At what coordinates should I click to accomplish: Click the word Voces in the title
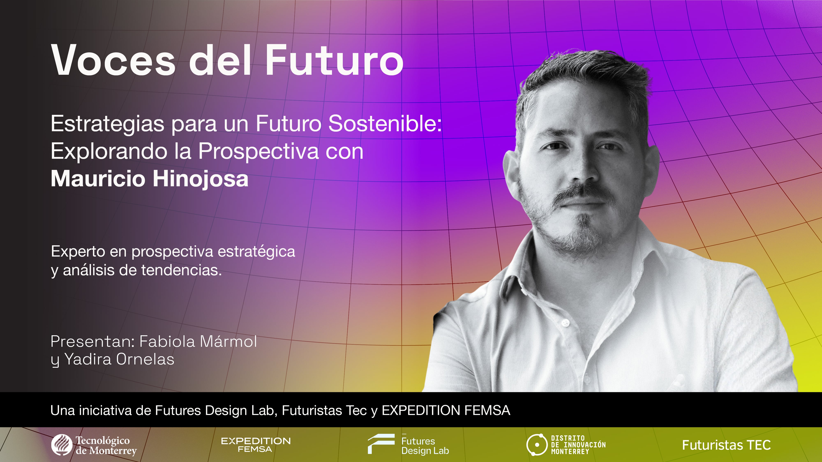tap(113, 61)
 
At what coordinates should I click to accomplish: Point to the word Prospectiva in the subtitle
tap(259, 151)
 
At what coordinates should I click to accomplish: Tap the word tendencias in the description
tap(181, 270)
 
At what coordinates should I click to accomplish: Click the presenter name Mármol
tap(228, 342)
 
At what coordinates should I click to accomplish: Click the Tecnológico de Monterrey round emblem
tap(62, 445)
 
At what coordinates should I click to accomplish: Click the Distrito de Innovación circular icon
tap(537, 445)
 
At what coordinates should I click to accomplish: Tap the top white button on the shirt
tap(566, 323)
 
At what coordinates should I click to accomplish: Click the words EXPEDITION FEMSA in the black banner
tap(446, 410)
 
